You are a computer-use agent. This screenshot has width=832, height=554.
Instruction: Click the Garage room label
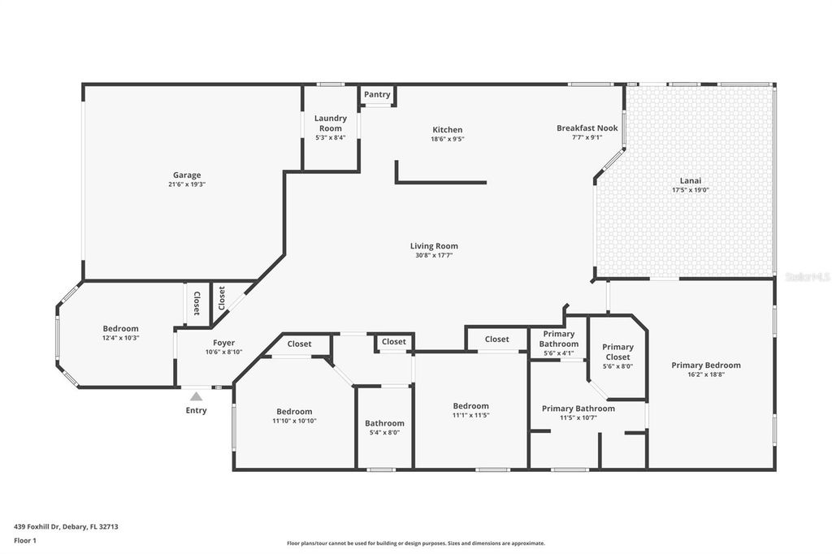point(186,175)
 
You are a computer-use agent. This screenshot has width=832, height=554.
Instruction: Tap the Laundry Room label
point(330,123)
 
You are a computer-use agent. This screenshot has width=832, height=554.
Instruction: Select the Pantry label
point(377,94)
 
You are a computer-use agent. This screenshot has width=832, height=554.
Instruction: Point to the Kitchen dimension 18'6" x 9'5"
point(447,139)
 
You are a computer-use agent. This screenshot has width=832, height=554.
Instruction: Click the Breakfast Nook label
point(587,128)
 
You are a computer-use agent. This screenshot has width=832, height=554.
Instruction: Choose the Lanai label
point(690,180)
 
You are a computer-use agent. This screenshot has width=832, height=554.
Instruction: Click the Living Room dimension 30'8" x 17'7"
point(433,255)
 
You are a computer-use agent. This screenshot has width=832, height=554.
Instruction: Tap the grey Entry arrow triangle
point(196,396)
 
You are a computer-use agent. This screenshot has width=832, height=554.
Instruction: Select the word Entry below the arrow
point(196,410)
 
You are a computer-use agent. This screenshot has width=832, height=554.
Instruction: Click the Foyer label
point(223,343)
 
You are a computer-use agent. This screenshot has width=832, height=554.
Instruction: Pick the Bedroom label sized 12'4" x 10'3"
point(120,328)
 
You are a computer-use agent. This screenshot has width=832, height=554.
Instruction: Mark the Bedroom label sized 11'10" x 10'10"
point(293,411)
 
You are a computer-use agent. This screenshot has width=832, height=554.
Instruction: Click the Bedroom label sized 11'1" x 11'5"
point(470,405)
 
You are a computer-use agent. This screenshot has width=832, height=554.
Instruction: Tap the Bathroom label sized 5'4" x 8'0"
point(384,423)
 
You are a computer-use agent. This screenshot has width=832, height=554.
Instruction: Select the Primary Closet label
point(617,352)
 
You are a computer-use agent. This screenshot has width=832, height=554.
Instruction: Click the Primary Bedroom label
point(705,365)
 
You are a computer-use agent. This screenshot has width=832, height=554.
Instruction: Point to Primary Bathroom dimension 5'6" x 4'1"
point(558,353)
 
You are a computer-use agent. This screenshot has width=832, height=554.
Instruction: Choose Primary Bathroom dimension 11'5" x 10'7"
point(578,418)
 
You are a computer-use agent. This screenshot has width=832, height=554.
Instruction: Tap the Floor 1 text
point(26,539)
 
